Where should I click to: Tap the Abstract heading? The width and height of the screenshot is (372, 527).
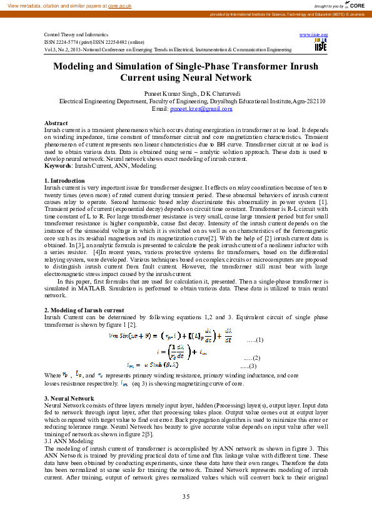pos(56,123)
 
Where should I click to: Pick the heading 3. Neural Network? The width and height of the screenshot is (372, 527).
pos(69,399)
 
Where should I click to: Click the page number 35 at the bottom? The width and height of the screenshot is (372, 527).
pos(186,496)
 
